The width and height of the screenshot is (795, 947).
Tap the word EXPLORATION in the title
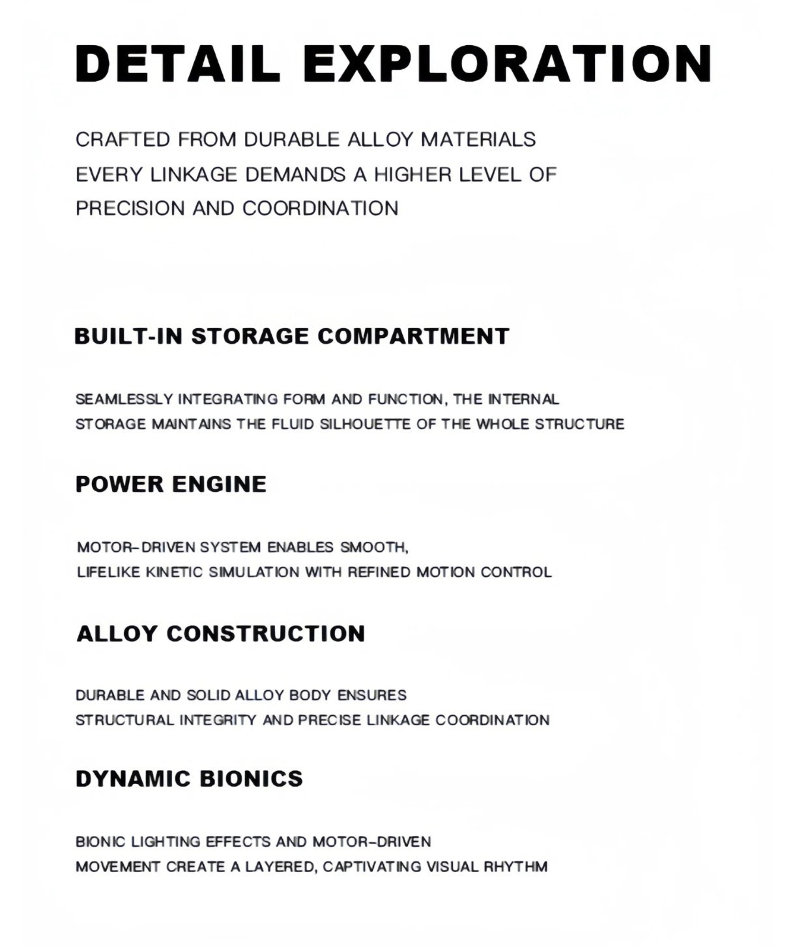(508, 64)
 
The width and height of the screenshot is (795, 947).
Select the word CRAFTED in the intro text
(123, 140)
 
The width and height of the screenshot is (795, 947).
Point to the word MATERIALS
(478, 140)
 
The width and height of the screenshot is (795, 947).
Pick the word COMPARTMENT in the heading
(413, 337)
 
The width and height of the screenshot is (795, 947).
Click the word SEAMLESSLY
(124, 399)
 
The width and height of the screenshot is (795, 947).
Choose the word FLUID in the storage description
(293, 425)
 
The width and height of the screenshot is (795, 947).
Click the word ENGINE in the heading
(220, 485)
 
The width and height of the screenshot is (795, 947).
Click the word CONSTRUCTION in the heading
(266, 634)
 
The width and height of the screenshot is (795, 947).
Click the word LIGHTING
(166, 842)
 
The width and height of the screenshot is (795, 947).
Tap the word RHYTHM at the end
(515, 867)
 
